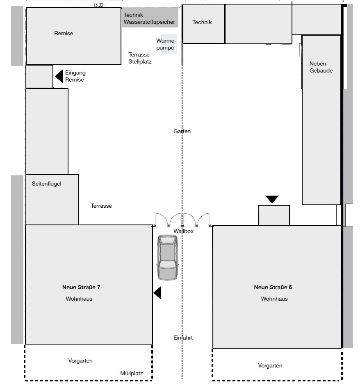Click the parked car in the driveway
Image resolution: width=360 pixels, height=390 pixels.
click(x=168, y=258)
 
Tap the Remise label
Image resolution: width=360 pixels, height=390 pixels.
click(x=64, y=33)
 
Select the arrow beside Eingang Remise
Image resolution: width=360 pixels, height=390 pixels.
click(x=59, y=76)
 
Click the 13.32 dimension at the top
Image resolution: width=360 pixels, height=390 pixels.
click(x=98, y=5)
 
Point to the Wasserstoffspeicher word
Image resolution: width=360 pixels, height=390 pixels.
click(x=149, y=22)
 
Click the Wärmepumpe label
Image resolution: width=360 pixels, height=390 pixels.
click(x=166, y=44)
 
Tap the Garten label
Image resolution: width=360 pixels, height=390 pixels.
click(x=182, y=131)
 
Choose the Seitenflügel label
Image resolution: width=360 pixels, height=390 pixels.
click(x=47, y=184)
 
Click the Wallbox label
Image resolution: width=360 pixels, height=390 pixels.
click(x=184, y=231)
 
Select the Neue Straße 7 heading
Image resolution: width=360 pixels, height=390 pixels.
click(x=81, y=287)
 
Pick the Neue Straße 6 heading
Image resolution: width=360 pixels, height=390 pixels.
click(x=273, y=287)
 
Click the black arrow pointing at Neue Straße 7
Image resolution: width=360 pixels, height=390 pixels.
click(x=157, y=293)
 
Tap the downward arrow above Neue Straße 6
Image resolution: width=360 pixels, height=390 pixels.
click(x=272, y=200)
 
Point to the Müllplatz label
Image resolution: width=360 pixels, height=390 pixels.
click(x=132, y=373)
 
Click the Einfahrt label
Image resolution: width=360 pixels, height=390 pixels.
click(x=183, y=338)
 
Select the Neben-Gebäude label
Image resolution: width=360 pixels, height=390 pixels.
click(x=321, y=67)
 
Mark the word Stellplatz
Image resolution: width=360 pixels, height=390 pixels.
click(x=140, y=61)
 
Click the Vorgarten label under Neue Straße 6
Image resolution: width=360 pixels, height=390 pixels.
click(x=270, y=365)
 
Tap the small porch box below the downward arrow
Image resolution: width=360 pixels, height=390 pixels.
click(x=274, y=215)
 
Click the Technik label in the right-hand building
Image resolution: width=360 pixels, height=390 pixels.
click(x=202, y=22)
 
